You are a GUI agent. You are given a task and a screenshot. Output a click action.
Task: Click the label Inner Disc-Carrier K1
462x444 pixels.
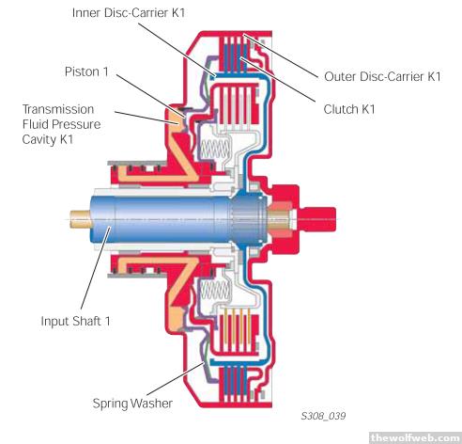(129, 13)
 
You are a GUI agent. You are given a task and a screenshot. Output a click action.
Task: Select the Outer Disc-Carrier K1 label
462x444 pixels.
(382, 76)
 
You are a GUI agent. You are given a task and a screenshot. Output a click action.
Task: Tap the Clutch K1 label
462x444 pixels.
(349, 109)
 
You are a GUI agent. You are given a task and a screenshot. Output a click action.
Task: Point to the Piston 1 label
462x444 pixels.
(86, 71)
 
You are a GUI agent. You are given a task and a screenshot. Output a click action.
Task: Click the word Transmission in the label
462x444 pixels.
(58, 109)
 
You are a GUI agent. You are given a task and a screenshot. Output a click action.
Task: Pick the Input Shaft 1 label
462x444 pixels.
(75, 321)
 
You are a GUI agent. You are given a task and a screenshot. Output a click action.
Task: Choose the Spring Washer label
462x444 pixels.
(132, 404)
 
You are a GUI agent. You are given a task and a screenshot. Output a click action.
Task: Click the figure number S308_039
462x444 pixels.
(323, 416)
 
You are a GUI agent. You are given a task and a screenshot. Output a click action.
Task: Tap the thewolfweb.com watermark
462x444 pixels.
(415, 437)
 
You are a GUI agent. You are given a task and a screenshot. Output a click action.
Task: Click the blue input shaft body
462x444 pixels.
(162, 219)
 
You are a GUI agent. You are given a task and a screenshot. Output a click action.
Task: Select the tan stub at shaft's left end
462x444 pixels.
(80, 219)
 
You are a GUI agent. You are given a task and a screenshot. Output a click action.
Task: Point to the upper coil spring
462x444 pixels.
(215, 148)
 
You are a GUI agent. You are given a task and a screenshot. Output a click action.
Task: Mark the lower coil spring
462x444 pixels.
(215, 290)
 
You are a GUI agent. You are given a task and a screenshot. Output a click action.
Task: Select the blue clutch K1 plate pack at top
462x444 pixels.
(234, 54)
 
